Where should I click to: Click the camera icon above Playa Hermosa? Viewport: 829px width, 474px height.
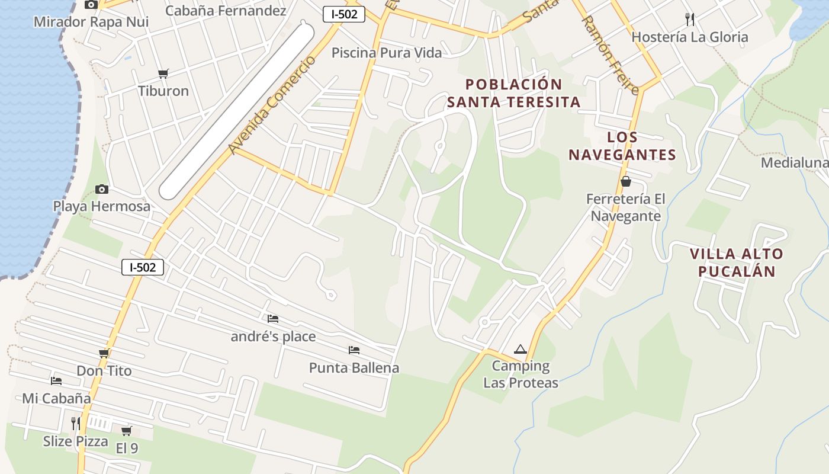pyautogui.click(x=102, y=189)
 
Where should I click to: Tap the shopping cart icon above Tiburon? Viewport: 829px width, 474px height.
pyautogui.click(x=163, y=73)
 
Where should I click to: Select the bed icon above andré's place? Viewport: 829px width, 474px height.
pyautogui.click(x=272, y=319)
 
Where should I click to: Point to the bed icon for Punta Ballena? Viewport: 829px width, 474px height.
pyautogui.click(x=354, y=350)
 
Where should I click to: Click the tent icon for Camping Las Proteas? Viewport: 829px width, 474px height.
pyautogui.click(x=520, y=349)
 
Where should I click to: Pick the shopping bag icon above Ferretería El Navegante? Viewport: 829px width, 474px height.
pyautogui.click(x=625, y=181)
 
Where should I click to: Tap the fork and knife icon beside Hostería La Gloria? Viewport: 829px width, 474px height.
pyautogui.click(x=689, y=20)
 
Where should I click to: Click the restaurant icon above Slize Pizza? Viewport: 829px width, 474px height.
pyautogui.click(x=75, y=423)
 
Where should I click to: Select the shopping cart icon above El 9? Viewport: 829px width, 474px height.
pyautogui.click(x=126, y=431)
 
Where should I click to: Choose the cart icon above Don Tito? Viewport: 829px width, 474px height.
pyautogui.click(x=104, y=354)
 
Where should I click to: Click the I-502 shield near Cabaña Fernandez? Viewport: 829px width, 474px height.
pyautogui.click(x=343, y=14)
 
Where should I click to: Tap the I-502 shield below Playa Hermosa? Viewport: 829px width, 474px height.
pyautogui.click(x=143, y=267)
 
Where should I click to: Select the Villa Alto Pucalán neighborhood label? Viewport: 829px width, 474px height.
pyautogui.click(x=736, y=262)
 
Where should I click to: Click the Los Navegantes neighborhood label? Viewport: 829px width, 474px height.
pyautogui.click(x=622, y=146)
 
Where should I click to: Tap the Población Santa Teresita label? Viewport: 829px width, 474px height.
pyautogui.click(x=513, y=93)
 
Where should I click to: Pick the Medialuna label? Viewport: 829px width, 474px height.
pyautogui.click(x=794, y=162)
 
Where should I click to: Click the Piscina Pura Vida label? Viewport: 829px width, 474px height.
pyautogui.click(x=386, y=53)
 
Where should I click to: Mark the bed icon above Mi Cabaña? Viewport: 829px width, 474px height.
pyautogui.click(x=56, y=380)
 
